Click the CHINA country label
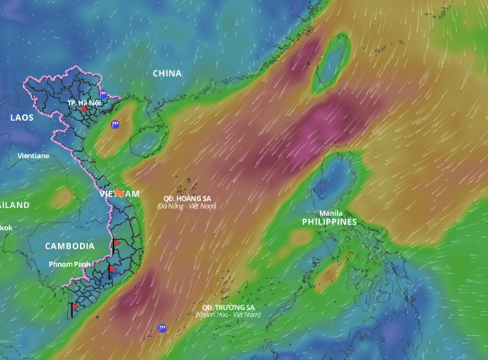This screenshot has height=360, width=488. [167, 73]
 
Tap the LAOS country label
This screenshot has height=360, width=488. [21, 117]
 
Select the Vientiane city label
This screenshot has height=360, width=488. [34, 155]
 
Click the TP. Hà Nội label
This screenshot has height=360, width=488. [81, 103]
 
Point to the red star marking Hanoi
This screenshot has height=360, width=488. [84, 110]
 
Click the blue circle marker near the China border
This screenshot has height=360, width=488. [103, 94]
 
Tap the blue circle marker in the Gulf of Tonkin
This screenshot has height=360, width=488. [114, 125]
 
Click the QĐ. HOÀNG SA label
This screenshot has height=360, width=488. [187, 198]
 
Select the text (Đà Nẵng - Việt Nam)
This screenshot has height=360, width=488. [187, 206]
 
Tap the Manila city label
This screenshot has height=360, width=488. [330, 213]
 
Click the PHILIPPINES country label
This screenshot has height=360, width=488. [328, 222]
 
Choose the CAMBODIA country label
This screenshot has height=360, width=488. [69, 245]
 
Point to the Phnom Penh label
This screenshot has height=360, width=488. [69, 264]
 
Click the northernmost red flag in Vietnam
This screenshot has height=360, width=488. [116, 244]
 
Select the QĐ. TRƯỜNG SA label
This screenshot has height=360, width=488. [228, 307]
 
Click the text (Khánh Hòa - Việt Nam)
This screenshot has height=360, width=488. [228, 315]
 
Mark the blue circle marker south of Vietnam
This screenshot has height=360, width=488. [162, 328]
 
